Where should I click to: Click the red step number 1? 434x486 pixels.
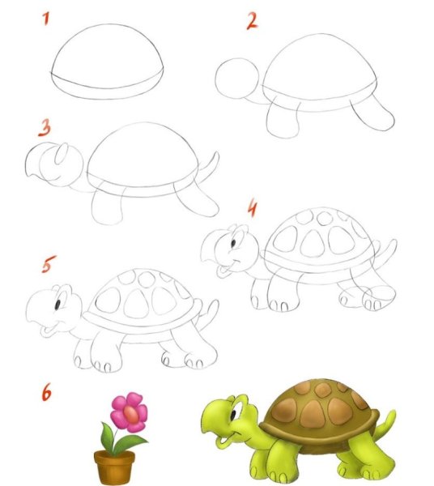coord(46,19)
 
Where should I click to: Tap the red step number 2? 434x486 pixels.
coord(252,21)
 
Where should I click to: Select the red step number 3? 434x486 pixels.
coord(45,128)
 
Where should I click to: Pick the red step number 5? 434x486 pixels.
coord(49,264)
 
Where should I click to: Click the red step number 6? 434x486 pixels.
coord(46,392)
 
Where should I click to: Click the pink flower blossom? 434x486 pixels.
coord(129,412)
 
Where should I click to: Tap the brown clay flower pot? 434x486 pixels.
coord(114,467)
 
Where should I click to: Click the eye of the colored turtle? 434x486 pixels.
coord(233,415)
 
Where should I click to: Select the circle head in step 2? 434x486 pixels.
coord(236,78)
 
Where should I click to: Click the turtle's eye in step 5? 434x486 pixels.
coord(57,305)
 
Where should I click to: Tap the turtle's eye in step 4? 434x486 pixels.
coord(233,242)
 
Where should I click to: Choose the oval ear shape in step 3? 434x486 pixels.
coord(62,154)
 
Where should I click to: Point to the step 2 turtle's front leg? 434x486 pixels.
coord(283,119)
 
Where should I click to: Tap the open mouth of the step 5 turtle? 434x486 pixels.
coord(48,330)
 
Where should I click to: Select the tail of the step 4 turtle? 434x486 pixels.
coord(386,252)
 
